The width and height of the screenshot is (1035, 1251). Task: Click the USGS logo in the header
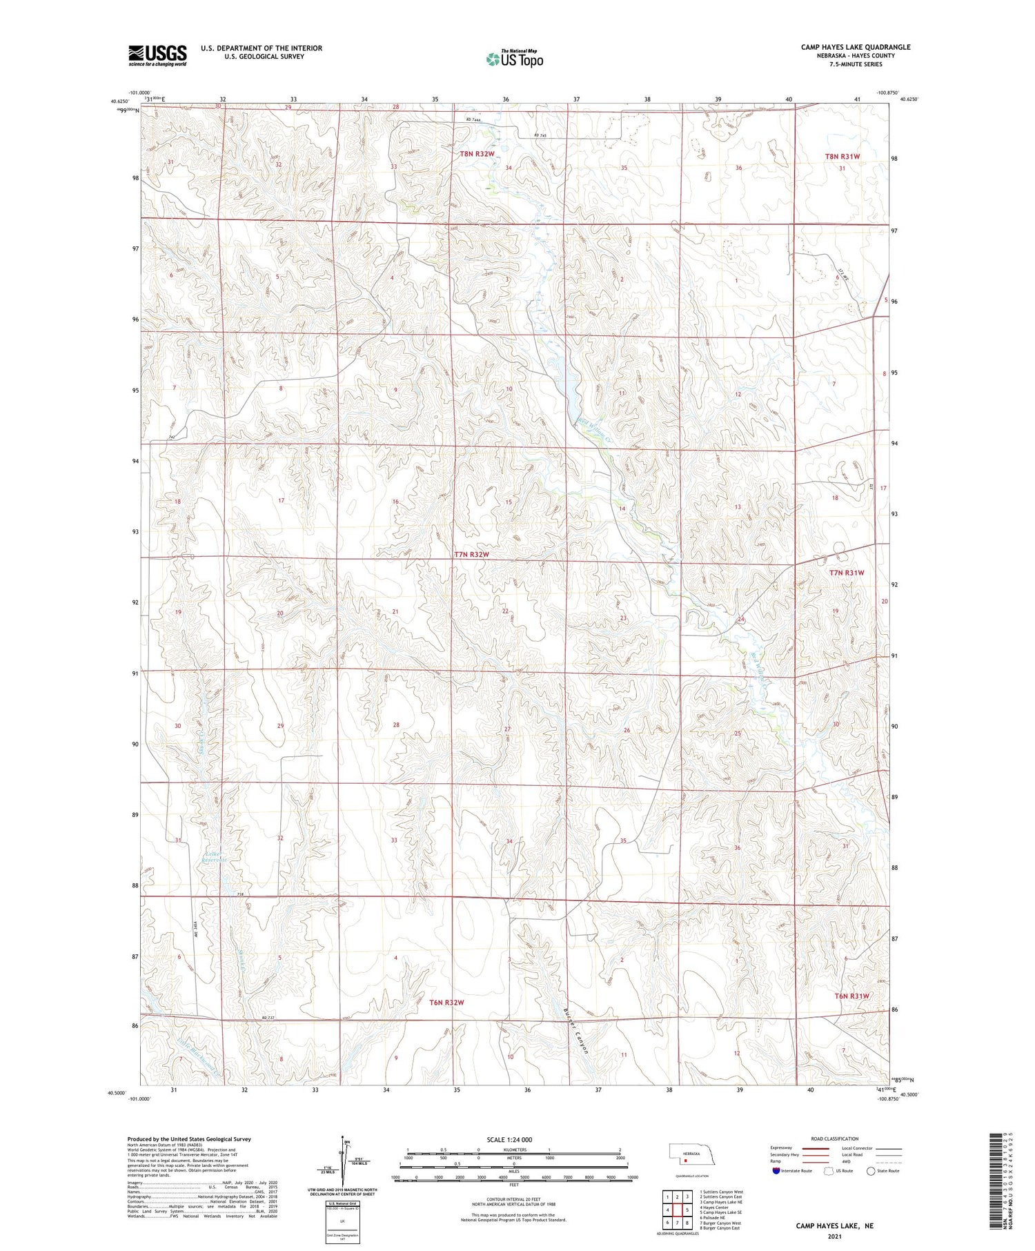click(x=157, y=55)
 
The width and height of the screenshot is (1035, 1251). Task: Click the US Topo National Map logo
click(x=515, y=59)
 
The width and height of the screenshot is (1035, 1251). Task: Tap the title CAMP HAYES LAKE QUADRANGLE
click(x=855, y=47)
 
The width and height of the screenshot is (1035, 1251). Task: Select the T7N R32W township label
click(x=471, y=555)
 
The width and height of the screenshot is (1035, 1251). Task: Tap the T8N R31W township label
click(x=842, y=157)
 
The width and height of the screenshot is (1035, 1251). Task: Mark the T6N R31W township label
click(x=851, y=996)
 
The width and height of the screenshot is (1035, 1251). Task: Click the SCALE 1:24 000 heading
click(x=509, y=1139)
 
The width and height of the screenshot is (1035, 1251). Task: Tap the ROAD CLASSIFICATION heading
click(x=835, y=1139)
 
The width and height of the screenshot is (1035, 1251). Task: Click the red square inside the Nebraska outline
click(x=686, y=1160)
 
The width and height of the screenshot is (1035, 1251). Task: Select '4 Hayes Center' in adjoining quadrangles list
click(x=716, y=1208)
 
